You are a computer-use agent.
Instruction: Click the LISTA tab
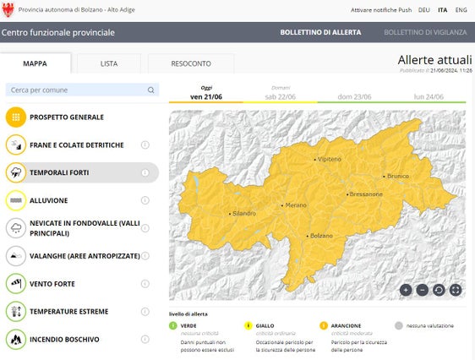[x=109, y=63]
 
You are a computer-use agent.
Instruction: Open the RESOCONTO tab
[x=191, y=63]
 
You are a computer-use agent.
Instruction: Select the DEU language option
[x=423, y=10]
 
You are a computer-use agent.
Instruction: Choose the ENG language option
[x=461, y=10]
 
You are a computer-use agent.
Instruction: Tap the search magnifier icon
[x=151, y=90]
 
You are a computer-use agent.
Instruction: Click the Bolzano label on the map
[x=321, y=235]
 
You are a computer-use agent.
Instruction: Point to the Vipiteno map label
[x=329, y=159]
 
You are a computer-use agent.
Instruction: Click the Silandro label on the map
[x=243, y=213]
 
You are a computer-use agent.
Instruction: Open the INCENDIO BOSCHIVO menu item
[x=64, y=339]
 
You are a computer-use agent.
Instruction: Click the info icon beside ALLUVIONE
[x=145, y=200]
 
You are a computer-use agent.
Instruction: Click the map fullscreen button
[x=456, y=290]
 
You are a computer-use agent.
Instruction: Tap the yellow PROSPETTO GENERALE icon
[x=16, y=117]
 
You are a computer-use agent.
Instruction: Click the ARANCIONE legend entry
[x=345, y=325]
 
